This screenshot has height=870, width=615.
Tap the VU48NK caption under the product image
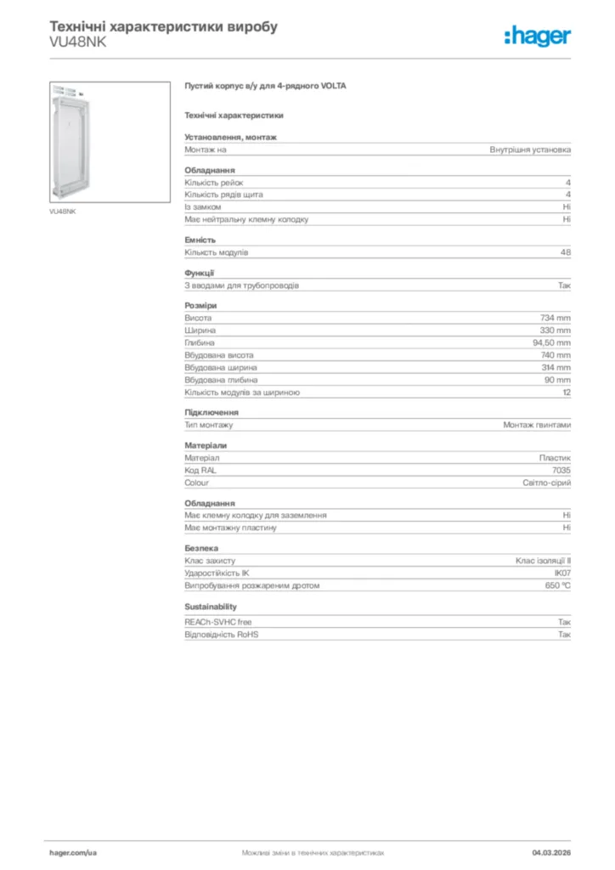[62, 211]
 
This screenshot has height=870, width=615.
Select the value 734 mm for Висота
[556, 318]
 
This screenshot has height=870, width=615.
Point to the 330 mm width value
[556, 330]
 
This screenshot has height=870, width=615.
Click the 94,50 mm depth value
[551, 342]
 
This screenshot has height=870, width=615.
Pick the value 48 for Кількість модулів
[566, 252]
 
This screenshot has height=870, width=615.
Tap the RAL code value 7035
[561, 470]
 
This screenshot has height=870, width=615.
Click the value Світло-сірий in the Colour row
[546, 483]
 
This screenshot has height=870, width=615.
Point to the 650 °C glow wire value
[558, 586]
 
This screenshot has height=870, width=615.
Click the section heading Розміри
[200, 305]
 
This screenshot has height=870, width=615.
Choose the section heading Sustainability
[211, 607]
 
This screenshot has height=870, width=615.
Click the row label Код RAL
[200, 470]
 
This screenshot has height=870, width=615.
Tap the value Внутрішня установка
[530, 150]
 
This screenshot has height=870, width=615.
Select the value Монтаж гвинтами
[537, 425]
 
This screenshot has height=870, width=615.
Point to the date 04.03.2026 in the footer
[551, 851]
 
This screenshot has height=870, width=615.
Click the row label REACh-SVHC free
[218, 622]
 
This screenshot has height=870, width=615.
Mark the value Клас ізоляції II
[543, 561]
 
